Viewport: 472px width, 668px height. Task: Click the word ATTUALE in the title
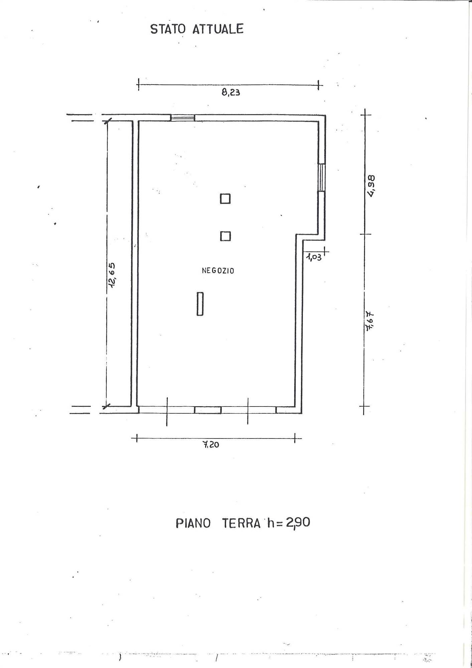point(218,29)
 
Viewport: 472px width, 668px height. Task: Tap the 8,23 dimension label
point(231,92)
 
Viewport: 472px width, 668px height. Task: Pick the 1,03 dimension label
point(314,257)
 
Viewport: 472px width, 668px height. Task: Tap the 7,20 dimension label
point(211,444)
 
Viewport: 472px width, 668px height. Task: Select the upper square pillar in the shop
point(225,199)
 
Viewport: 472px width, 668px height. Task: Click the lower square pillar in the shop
point(225,236)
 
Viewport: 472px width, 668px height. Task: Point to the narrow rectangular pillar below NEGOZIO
point(200,304)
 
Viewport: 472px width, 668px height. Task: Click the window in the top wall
point(183,118)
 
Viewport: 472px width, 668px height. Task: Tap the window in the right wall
point(321,177)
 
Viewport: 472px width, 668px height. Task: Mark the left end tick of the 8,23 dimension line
point(138,85)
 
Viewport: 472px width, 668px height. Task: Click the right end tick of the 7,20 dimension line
point(295,438)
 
